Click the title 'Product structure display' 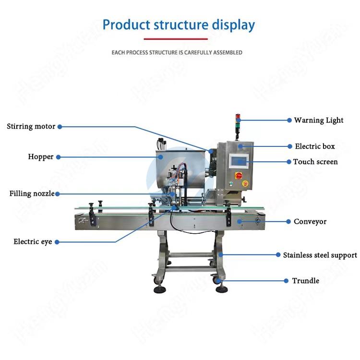[x=179, y=24]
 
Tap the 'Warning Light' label [x=319, y=120]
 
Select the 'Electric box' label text [x=315, y=146]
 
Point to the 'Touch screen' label [x=315, y=162]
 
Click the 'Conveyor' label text [x=310, y=221]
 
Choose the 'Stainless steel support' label [x=320, y=255]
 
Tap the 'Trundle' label [x=306, y=280]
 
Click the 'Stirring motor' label [x=31, y=127]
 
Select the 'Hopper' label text [x=41, y=156]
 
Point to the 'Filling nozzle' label [x=32, y=193]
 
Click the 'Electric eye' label [x=33, y=242]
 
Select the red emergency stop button [x=238, y=176]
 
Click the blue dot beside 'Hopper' [x=58, y=156]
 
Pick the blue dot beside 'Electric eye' [x=57, y=242]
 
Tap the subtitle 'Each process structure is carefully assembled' [x=177, y=52]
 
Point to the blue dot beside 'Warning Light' [x=289, y=120]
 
